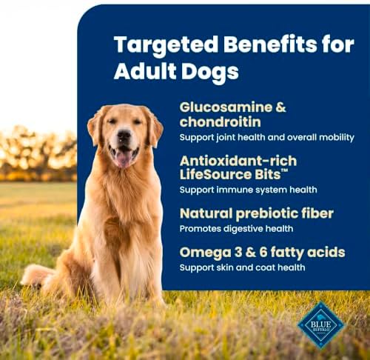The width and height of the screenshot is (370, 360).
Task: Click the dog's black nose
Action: pyautogui.click(x=124, y=135)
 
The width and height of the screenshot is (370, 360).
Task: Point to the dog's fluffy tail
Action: pyautogui.click(x=37, y=275)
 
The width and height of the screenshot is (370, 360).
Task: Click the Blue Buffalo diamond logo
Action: pyautogui.click(x=320, y=325)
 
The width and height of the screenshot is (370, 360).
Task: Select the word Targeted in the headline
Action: pyautogui.click(x=166, y=45)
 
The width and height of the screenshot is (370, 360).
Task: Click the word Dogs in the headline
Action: pyautogui.click(x=210, y=72)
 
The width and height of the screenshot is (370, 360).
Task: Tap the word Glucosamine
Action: pyautogui.click(x=226, y=107)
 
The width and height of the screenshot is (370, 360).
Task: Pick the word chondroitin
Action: pyautogui.click(x=220, y=121)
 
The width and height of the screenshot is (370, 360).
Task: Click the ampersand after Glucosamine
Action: pyautogui.click(x=280, y=107)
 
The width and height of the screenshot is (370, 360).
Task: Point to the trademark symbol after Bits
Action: pyautogui.click(x=284, y=171)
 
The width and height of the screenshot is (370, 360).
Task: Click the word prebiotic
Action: pyautogui.click(x=268, y=214)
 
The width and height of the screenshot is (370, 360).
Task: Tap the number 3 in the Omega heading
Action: pyautogui.click(x=238, y=253)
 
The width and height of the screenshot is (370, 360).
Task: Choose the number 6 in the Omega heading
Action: pyautogui.click(x=263, y=253)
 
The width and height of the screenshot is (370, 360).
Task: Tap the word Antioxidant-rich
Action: pyautogui.click(x=238, y=161)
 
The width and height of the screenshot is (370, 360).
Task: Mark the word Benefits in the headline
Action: pyautogui.click(x=270, y=44)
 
